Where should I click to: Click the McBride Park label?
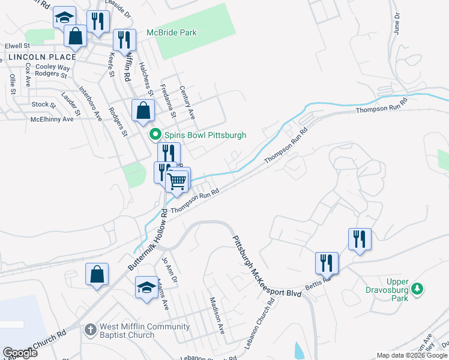[171, 32]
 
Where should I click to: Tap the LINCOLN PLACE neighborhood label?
[42, 57]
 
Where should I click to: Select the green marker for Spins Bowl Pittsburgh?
[155, 135]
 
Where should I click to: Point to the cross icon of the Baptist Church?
[90, 329]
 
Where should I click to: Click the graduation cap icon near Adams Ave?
[146, 287]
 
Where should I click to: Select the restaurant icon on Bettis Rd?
[327, 263]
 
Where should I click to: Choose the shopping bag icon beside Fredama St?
[143, 110]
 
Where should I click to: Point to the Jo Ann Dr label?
[170, 270]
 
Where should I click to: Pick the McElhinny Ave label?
[52, 119]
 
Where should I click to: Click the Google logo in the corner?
[20, 353]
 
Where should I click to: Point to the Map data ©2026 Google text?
[411, 355]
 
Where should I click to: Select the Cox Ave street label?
[28, 77]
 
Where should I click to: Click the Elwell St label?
[17, 46]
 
